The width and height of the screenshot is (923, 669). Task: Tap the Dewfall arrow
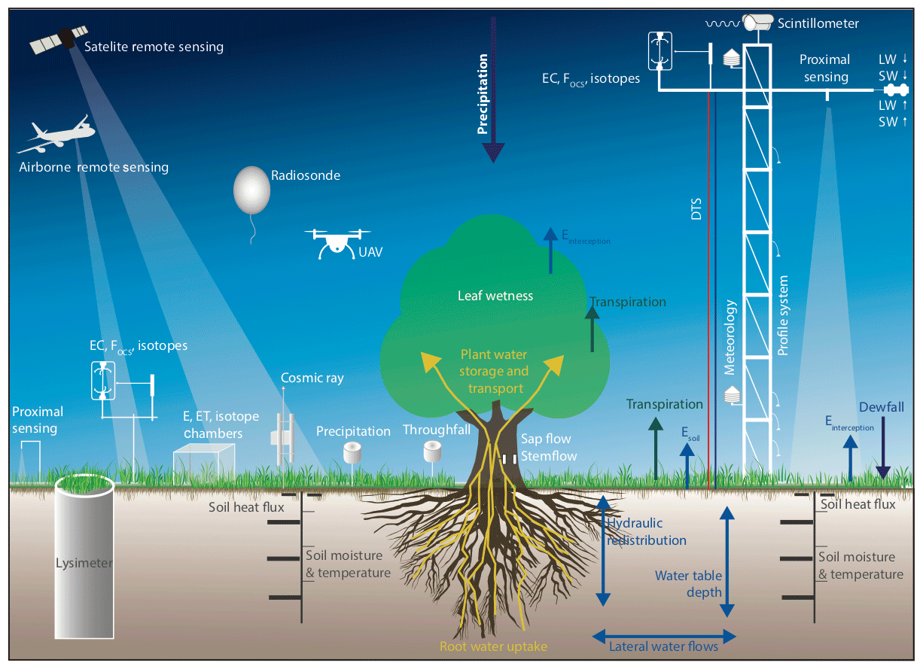click(x=883, y=448)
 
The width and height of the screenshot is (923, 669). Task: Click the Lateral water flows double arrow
click(x=663, y=634)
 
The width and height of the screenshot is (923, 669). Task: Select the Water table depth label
click(x=688, y=584)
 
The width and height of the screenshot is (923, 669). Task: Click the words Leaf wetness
click(x=495, y=296)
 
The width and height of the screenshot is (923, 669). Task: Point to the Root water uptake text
click(x=493, y=646)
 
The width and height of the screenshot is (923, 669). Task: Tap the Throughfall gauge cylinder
click(x=432, y=452)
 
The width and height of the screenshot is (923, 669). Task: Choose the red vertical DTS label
click(x=696, y=203)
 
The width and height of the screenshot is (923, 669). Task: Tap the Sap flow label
click(x=546, y=439)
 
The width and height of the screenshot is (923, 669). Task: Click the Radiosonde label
click(x=306, y=175)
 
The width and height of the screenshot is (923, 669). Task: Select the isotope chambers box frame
click(x=201, y=461)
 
